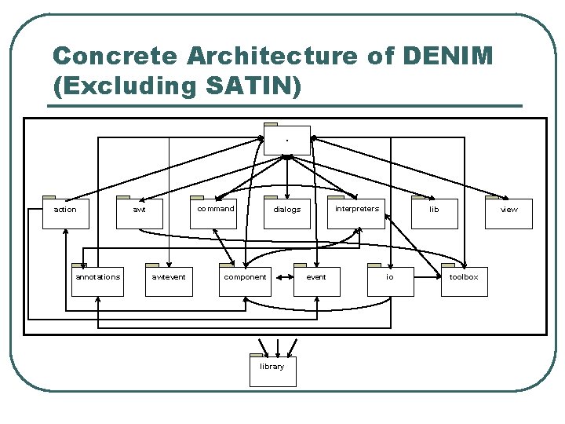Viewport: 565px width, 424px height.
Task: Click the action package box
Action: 65,212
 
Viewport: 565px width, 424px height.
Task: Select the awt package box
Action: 139,212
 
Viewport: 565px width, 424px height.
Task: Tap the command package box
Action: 213,212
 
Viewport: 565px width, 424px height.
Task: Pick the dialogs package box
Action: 286,212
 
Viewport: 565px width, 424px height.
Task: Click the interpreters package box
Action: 356,212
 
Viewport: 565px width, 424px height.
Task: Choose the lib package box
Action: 434,212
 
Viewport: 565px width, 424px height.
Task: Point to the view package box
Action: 508,212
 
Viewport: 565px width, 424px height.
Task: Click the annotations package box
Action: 97,280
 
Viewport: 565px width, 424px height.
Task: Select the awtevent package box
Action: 169,280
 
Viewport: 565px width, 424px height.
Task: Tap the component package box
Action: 245,280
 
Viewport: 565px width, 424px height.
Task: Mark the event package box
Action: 316,280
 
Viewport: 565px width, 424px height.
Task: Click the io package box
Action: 390,280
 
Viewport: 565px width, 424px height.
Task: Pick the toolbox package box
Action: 464,280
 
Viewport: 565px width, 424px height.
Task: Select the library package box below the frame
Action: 272,370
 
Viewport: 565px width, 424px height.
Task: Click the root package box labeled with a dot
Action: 287,141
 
